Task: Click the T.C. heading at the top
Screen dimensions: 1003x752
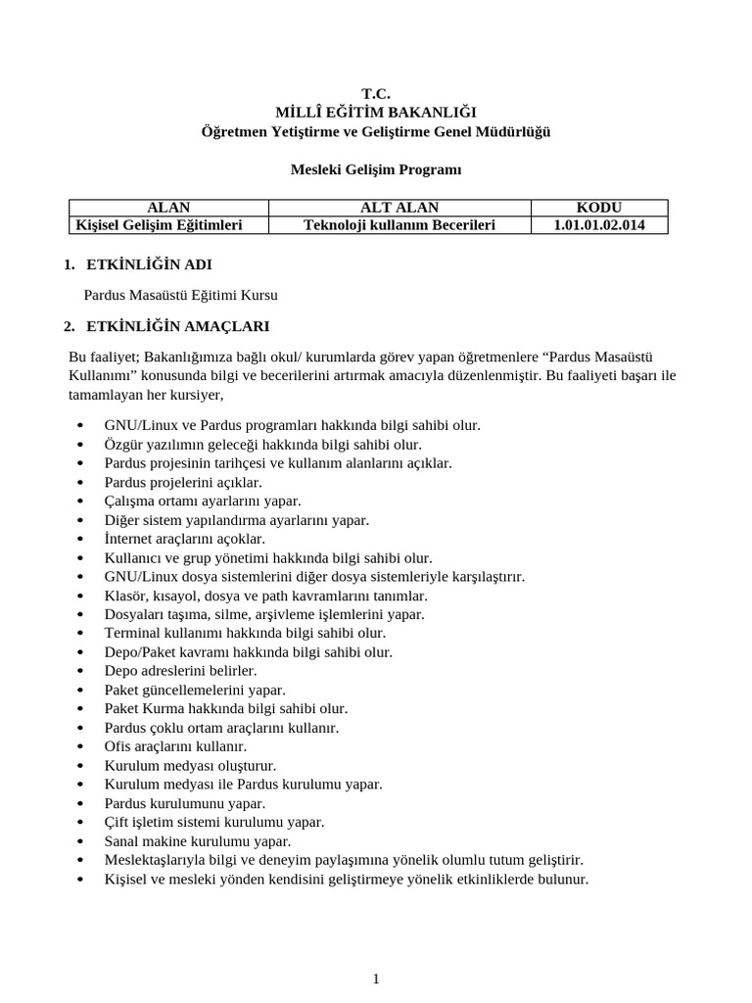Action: click(376, 94)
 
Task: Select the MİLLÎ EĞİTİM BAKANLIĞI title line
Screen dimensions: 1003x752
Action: click(376, 113)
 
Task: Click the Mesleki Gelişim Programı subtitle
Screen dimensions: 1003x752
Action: click(376, 169)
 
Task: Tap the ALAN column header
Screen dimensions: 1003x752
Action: click(168, 208)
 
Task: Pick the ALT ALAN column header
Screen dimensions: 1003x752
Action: click(399, 208)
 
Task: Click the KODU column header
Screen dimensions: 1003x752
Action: click(599, 208)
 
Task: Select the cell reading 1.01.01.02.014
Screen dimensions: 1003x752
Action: click(599, 225)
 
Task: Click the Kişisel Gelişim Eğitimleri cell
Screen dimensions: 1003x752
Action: click(160, 225)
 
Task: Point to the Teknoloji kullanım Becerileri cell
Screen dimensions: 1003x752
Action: click(399, 225)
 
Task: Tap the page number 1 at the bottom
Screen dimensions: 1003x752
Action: click(376, 979)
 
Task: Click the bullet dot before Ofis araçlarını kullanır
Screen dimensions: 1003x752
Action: click(79, 747)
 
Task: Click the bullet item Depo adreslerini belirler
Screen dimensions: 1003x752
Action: click(180, 671)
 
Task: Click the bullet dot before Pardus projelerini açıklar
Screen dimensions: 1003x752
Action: click(79, 483)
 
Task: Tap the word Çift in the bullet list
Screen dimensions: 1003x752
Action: click(117, 823)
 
